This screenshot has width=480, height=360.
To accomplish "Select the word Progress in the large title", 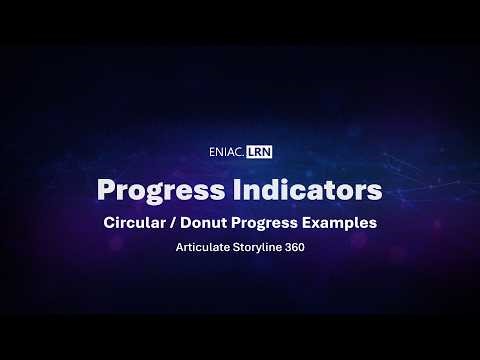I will pos(149,189).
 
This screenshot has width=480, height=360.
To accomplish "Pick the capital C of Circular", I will pos(109,223).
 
